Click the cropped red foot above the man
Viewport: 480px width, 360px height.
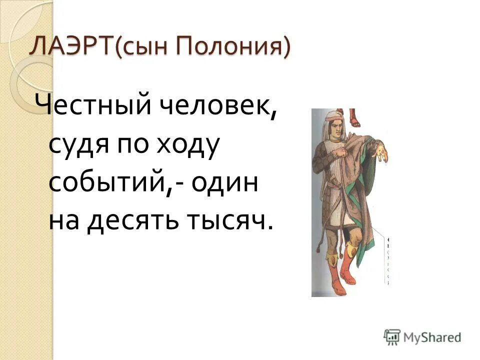coord(354,118)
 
